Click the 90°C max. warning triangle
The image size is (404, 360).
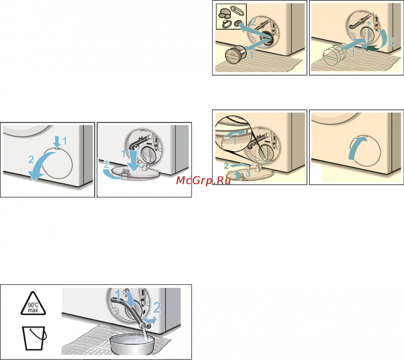33,303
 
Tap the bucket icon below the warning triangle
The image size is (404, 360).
34,338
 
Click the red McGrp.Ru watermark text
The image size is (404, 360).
203,180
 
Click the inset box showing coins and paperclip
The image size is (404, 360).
231,17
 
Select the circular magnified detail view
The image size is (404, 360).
233,133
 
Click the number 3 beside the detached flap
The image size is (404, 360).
248,174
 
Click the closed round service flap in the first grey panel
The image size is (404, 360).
57,163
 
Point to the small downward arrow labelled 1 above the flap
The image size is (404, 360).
57,142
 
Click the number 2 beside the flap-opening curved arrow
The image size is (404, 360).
31,159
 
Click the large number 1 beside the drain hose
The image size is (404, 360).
117,295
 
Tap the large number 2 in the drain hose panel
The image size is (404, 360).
157,307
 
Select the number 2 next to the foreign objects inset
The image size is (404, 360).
253,22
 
